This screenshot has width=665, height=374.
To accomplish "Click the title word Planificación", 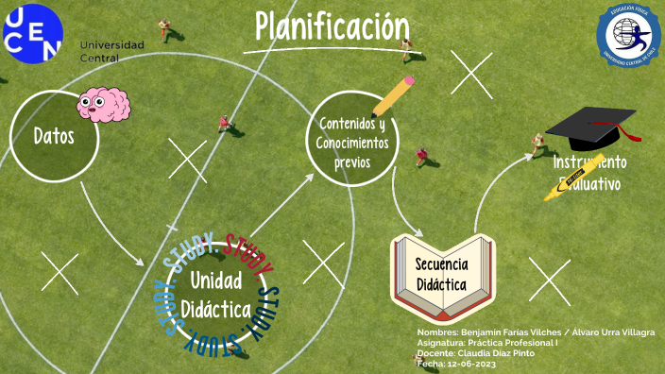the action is [332, 27].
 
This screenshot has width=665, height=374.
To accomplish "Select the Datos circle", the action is [55, 135].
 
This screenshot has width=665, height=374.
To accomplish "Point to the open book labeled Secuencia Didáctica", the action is [442, 274].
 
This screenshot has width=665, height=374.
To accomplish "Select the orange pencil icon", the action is [394, 95].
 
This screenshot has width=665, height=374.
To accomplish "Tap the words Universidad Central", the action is [112, 51].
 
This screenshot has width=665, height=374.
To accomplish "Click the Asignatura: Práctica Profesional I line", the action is [487, 343].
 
